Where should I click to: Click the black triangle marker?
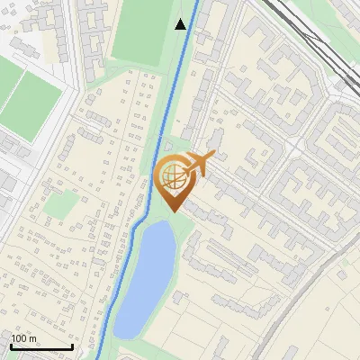pyautogui.click(x=181, y=24)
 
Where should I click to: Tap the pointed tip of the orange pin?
pyautogui.click(x=173, y=211)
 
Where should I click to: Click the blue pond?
pyautogui.click(x=148, y=274)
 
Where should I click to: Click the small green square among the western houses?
pyautogui.click(x=59, y=205)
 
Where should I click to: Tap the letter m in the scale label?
pyautogui.click(x=32, y=338)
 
